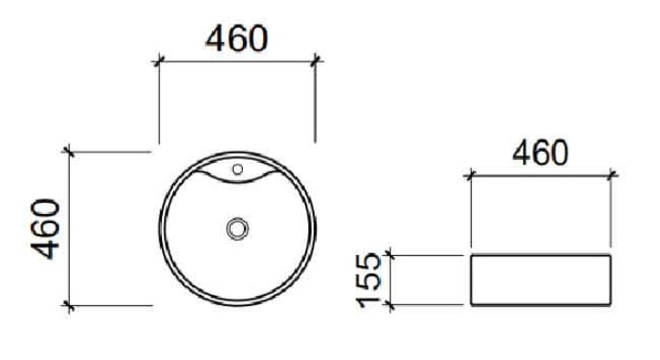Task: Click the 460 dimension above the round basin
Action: click(x=236, y=38)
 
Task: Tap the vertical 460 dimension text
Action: click(x=46, y=229)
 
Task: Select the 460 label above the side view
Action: click(x=541, y=153)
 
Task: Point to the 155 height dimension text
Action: click(x=369, y=280)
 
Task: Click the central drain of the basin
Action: click(x=237, y=229)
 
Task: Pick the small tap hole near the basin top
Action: click(x=237, y=169)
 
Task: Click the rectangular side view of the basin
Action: click(x=541, y=280)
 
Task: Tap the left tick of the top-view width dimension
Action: click(x=158, y=61)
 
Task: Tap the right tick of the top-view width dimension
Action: click(x=316, y=61)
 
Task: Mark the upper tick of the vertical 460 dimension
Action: click(x=69, y=151)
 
